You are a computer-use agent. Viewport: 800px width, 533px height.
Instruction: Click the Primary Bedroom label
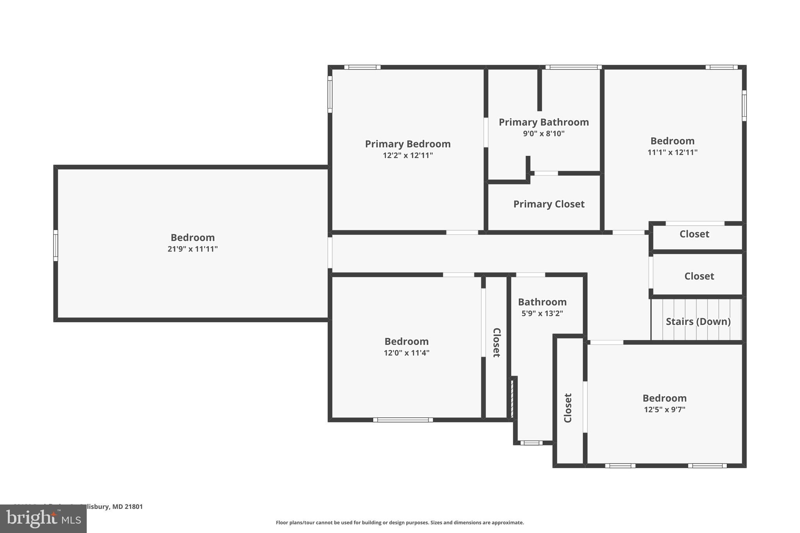(x=407, y=144)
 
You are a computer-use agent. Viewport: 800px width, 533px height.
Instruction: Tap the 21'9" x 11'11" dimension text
(x=193, y=249)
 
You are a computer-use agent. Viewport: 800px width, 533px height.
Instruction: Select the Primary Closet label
(x=548, y=204)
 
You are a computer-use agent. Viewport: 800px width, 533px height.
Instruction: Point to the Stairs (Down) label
(x=698, y=321)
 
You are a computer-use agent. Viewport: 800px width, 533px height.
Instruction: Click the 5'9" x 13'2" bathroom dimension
(x=542, y=313)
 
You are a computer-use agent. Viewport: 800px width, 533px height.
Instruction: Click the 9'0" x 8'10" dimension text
(x=544, y=134)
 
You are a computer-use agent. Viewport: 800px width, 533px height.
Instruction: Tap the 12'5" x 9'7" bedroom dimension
(x=664, y=410)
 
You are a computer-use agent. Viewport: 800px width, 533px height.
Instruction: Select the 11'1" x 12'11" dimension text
(x=672, y=152)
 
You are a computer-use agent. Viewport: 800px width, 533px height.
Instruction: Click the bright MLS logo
(x=43, y=519)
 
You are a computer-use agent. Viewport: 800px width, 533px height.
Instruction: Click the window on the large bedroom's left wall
(x=56, y=245)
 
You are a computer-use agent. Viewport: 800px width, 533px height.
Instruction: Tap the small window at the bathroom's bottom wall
(x=531, y=443)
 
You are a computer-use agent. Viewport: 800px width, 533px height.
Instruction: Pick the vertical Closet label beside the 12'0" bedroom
(x=496, y=342)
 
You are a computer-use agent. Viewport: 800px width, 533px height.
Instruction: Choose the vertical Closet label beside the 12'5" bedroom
(x=568, y=408)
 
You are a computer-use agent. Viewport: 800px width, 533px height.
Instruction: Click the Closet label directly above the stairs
(x=699, y=276)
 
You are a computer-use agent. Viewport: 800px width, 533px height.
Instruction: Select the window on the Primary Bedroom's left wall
(x=330, y=94)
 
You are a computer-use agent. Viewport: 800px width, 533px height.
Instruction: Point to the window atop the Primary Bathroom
(x=573, y=67)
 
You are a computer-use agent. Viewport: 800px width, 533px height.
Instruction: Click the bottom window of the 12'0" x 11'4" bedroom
(x=403, y=420)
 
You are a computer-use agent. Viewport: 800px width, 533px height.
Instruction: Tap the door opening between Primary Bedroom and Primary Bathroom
(x=486, y=132)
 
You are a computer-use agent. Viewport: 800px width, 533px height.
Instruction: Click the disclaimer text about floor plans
(x=400, y=522)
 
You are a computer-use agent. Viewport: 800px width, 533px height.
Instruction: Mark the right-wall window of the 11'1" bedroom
(x=744, y=105)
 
